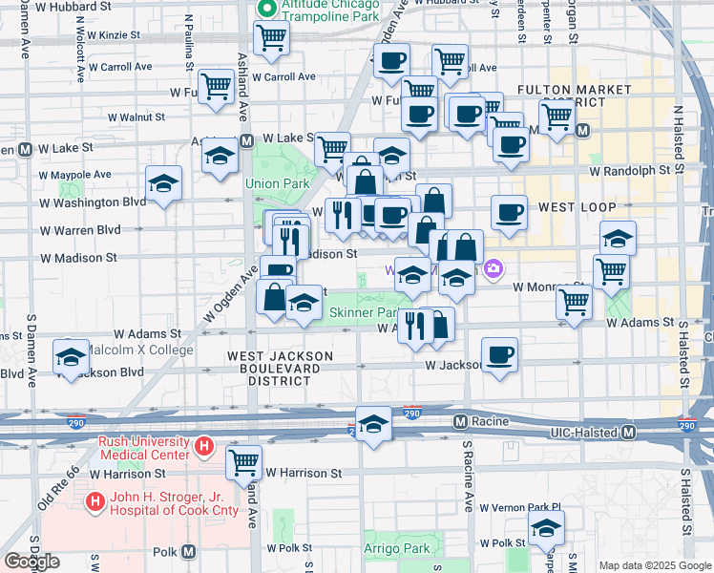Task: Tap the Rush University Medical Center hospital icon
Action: (x=202, y=446)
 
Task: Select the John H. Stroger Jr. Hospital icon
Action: (x=94, y=500)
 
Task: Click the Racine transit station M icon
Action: (x=460, y=421)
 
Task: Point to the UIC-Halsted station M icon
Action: (x=628, y=433)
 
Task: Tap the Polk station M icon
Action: (x=189, y=551)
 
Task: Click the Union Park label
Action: (x=277, y=183)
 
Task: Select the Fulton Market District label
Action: (x=574, y=95)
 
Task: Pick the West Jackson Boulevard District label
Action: (x=279, y=368)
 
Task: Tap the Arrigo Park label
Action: (x=397, y=549)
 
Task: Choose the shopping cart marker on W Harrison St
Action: (x=244, y=463)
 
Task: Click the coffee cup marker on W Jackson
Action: (x=500, y=356)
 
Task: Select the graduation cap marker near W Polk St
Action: (x=546, y=527)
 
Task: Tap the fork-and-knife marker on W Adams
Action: (x=413, y=326)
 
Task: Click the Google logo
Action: (x=31, y=562)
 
